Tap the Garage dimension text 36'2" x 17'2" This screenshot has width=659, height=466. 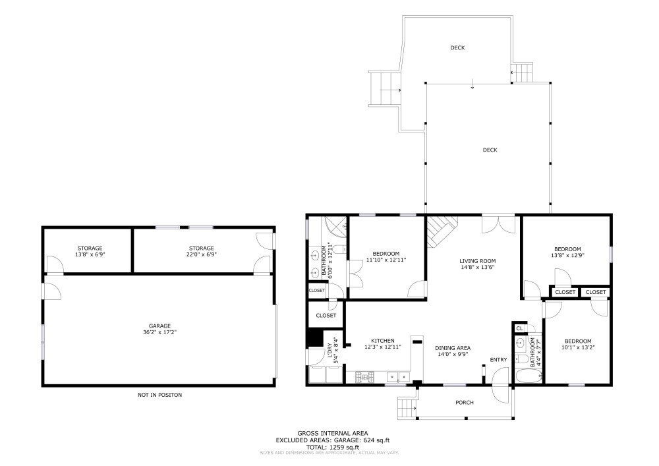159,332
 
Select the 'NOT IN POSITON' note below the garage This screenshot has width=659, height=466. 159,395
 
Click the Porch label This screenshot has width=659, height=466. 465,403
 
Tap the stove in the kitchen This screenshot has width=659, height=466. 364,377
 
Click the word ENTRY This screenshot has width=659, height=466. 498,360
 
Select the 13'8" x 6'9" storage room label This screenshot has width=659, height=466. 90,251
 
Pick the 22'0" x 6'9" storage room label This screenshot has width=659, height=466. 201,251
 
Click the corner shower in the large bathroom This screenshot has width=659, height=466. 335,229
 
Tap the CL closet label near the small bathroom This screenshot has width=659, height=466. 519,328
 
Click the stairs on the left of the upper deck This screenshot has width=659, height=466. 384,90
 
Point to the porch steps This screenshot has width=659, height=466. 407,407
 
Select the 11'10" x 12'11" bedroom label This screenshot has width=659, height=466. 386,257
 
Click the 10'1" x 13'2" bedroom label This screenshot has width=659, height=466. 578,344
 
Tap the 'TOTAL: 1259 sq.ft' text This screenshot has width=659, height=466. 332,448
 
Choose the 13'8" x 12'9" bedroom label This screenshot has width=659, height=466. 567,252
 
